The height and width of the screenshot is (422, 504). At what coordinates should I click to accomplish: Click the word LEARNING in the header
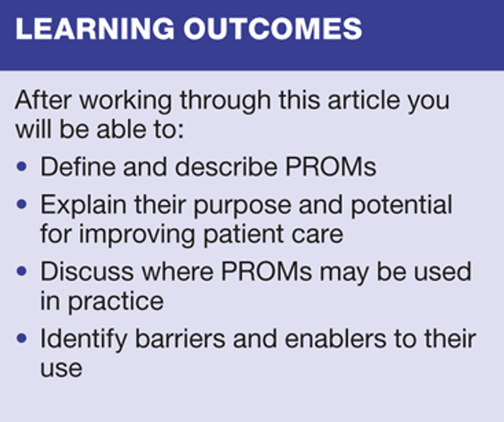[x=95, y=29]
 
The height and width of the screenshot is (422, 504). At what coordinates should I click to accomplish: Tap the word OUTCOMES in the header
[x=273, y=29]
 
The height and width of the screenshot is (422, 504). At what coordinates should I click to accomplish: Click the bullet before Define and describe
[x=22, y=167]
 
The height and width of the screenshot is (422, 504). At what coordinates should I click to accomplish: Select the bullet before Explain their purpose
[x=22, y=205]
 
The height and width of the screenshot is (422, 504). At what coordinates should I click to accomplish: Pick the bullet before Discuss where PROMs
[x=22, y=271]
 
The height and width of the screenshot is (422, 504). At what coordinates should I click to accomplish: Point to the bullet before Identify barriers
[x=22, y=339]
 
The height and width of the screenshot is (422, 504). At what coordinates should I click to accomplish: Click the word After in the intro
[x=43, y=100]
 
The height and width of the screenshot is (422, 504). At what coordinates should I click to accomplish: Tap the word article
[x=364, y=100]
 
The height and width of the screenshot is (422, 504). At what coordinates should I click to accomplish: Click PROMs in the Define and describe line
[x=331, y=167]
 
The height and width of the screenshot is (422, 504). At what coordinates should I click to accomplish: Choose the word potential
[x=401, y=205]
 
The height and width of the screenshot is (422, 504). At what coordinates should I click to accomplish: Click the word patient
[x=244, y=234]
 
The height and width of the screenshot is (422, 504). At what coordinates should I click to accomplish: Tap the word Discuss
[x=87, y=271]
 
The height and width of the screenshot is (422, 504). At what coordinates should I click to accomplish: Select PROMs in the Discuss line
[x=267, y=271]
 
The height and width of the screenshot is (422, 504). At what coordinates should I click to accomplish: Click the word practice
[x=116, y=301]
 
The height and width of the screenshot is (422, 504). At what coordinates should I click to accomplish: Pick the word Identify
[x=83, y=339]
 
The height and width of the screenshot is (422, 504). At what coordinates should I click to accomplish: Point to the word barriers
[x=180, y=339]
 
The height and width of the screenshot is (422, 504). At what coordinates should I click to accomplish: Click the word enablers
[x=335, y=339]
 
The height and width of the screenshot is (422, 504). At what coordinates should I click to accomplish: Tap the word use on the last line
[x=61, y=369]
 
